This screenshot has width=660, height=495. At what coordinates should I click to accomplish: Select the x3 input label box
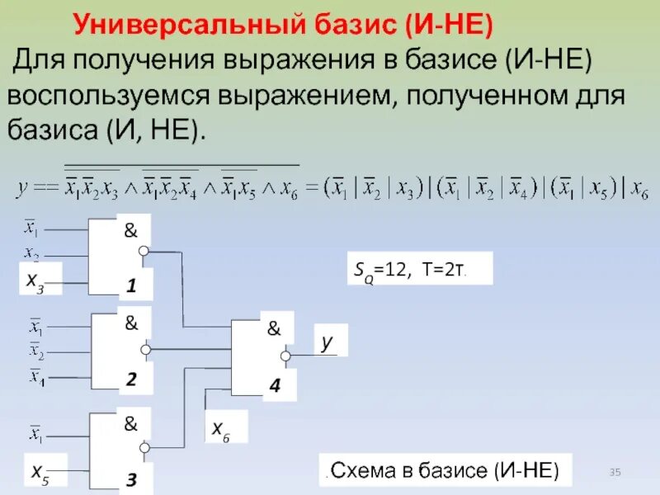pyautogui.click(x=35, y=281)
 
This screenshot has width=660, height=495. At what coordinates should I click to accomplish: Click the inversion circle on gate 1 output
pyautogui.click(x=144, y=251)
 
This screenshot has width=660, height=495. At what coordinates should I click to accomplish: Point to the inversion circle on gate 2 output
pyautogui.click(x=145, y=350)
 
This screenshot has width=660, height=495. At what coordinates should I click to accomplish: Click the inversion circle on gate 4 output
pyautogui.click(x=286, y=356)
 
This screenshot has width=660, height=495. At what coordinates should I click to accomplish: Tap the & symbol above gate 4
pyautogui.click(x=273, y=328)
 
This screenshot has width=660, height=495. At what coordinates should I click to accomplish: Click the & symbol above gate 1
pyautogui.click(x=130, y=231)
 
